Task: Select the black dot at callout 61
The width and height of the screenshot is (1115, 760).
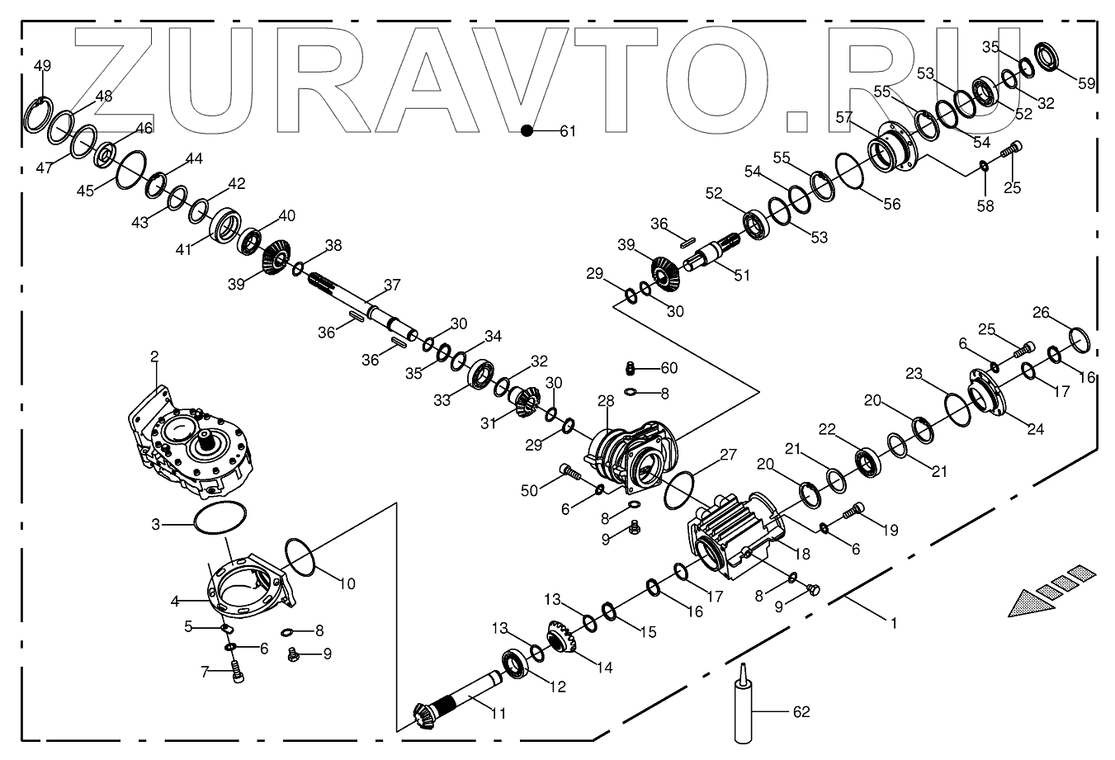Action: [x=526, y=130]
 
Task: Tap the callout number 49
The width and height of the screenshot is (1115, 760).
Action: [x=41, y=66]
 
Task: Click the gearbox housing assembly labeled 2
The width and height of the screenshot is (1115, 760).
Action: [x=189, y=446]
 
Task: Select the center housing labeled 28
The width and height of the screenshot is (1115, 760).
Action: [x=631, y=459]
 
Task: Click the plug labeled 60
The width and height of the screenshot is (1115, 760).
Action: [x=630, y=367]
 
